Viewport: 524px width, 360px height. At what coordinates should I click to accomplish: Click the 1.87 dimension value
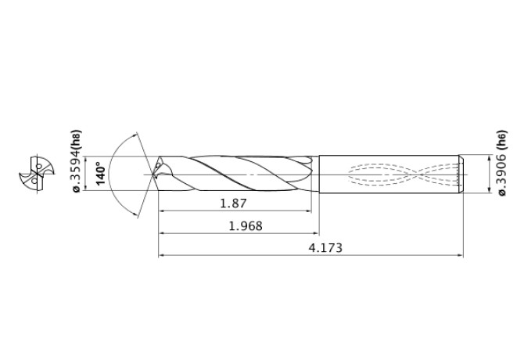(233, 203)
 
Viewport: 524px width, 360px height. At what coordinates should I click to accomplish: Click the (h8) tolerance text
(76, 142)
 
